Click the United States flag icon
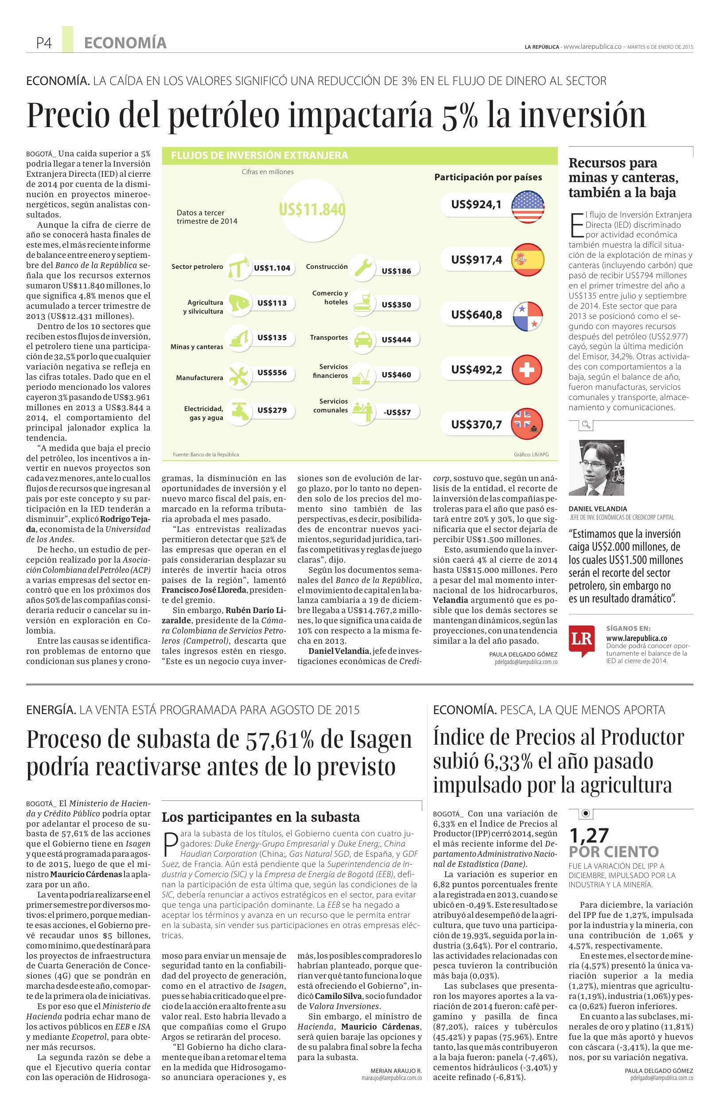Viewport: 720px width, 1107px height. point(527,206)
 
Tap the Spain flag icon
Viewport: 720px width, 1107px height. point(527,260)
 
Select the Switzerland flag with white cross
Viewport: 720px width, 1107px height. point(526,370)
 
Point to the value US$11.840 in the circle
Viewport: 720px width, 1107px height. point(312,210)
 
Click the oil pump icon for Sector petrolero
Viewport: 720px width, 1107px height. point(240,267)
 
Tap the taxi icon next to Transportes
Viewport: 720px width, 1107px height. point(363,338)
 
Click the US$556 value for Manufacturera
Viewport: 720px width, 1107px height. point(272,373)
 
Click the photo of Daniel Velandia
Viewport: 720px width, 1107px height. point(596,468)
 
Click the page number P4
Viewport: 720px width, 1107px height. point(44,43)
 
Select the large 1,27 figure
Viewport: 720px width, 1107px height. point(588,836)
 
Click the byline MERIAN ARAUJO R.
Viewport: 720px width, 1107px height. point(396,1058)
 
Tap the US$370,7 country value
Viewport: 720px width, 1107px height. point(476,424)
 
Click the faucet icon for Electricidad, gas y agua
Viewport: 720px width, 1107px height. point(237,410)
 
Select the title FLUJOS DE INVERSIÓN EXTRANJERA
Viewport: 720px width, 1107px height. point(260,155)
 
